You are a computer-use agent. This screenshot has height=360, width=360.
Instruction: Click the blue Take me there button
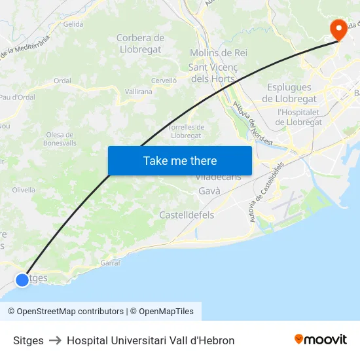pyautogui.click(x=180, y=160)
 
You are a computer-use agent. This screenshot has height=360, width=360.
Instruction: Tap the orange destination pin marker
pyautogui.click(x=338, y=28)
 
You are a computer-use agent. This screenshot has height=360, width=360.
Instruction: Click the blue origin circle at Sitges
pyautogui.click(x=22, y=279)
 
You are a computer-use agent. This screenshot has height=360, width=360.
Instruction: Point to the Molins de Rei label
pyautogui.click(x=219, y=52)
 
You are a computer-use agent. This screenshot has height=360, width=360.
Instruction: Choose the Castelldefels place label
pyautogui.click(x=187, y=215)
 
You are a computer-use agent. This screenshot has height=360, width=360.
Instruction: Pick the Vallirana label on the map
pyautogui.click(x=138, y=92)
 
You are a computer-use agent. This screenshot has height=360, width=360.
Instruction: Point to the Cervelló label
pyautogui.click(x=164, y=80)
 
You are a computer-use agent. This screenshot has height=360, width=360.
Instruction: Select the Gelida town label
pyautogui.click(x=73, y=24)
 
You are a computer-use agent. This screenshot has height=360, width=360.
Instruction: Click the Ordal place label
pyautogui.click(x=62, y=81)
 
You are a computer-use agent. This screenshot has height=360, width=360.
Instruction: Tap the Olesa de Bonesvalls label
pyautogui.click(x=60, y=139)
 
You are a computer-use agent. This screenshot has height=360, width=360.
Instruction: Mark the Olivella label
pyautogui.click(x=24, y=190)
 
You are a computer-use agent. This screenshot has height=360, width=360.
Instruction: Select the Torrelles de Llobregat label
pyautogui.click(x=187, y=131)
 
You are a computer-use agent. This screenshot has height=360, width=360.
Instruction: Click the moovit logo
pyautogui.click(x=321, y=340)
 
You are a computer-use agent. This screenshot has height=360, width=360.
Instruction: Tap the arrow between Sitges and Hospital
pyautogui.click(x=55, y=340)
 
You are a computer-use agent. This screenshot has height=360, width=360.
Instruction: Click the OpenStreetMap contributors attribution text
pyautogui.click(x=65, y=312)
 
